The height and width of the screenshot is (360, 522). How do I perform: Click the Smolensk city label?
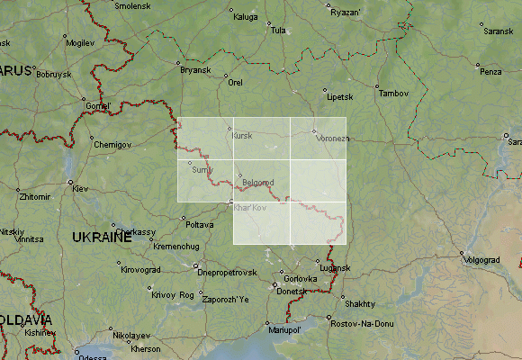[x=132, y=5]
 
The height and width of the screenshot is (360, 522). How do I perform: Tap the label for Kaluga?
[x=245, y=16]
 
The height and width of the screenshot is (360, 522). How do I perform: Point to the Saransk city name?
[x=498, y=31]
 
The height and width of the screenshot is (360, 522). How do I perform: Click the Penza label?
[x=490, y=71]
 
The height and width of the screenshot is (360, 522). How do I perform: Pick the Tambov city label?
[x=393, y=93]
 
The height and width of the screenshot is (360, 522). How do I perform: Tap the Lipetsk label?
[x=339, y=96]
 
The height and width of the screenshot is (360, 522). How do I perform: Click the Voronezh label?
[x=333, y=139]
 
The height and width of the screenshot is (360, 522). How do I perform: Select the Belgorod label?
[x=258, y=182]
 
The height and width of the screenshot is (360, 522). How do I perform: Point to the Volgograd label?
[x=481, y=259]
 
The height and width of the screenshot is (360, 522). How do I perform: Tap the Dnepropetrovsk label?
[x=227, y=272]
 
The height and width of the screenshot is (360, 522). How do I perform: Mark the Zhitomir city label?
[x=35, y=195]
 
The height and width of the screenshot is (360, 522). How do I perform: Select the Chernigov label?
[x=112, y=144]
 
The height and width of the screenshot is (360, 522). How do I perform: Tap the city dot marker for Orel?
[x=225, y=75]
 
